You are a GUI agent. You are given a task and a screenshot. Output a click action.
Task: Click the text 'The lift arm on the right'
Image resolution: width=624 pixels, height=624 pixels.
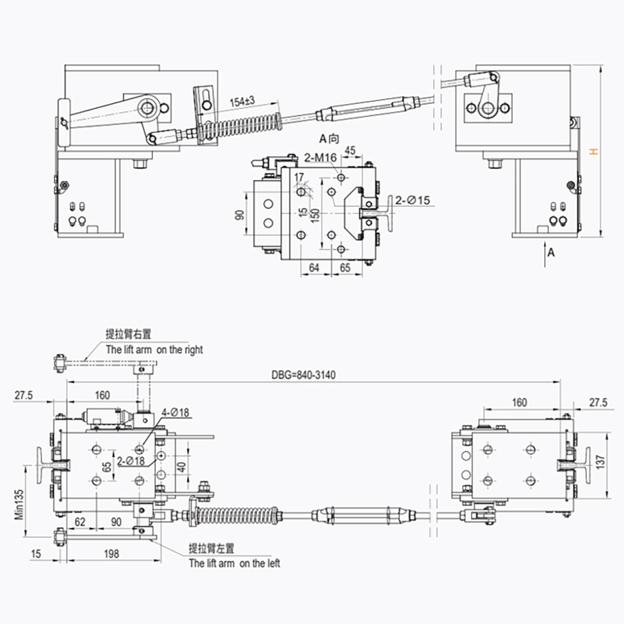(154, 350)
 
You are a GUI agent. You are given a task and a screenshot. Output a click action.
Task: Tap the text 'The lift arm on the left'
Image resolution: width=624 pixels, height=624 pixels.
(235, 563)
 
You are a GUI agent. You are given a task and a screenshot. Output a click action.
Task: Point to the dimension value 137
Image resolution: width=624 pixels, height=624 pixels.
(601, 462)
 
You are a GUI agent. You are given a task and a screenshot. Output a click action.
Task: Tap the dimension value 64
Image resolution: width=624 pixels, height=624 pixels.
(314, 268)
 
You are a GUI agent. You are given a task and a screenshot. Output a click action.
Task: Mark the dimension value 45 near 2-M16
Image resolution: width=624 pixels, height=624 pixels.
(349, 150)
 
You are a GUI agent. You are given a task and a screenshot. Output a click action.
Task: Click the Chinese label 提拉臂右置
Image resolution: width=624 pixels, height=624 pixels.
(129, 334)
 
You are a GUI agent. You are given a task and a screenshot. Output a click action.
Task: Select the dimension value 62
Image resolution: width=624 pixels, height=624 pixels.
(80, 520)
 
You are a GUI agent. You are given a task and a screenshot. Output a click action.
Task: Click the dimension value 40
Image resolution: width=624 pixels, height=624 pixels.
(180, 466)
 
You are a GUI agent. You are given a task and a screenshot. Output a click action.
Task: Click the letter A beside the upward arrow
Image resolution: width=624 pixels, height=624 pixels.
(550, 252)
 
